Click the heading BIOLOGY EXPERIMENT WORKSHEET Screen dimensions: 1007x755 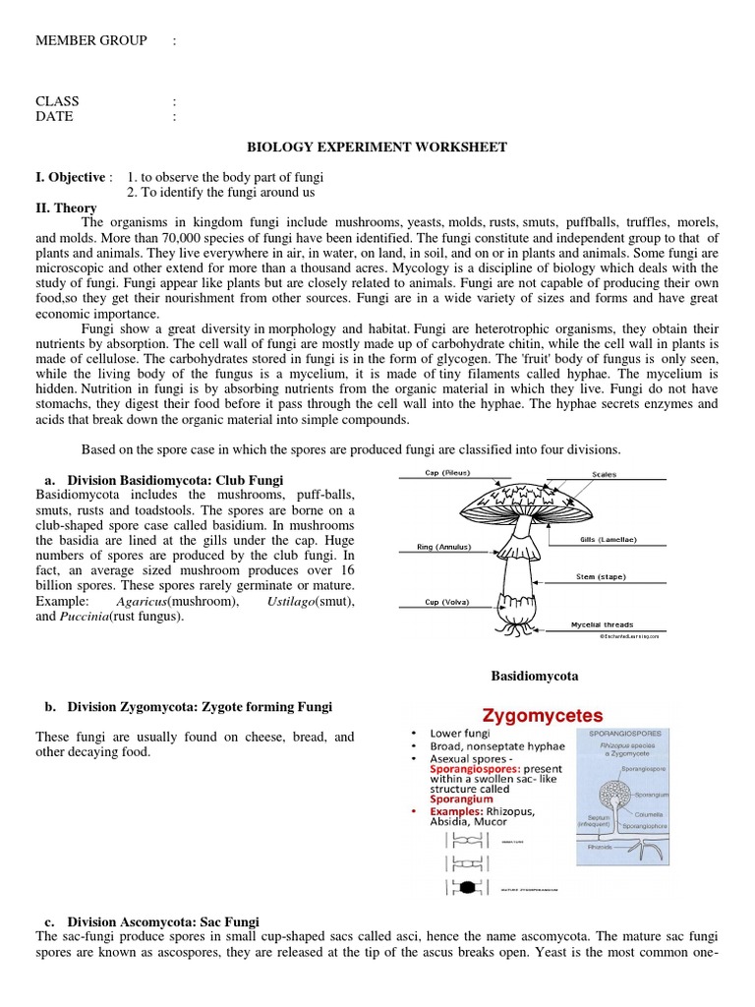(x=377, y=148)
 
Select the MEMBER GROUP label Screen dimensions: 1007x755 (x=91, y=40)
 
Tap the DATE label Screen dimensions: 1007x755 (x=54, y=116)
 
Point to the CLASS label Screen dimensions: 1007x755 (x=57, y=101)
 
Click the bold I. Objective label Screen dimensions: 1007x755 (x=70, y=177)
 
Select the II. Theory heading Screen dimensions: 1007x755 (x=66, y=207)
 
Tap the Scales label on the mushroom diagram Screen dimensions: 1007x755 (x=604, y=474)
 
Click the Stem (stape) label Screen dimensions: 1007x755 (x=599, y=576)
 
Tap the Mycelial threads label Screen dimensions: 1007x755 (x=603, y=624)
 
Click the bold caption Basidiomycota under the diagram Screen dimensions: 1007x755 (x=534, y=677)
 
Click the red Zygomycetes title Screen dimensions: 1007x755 (x=541, y=716)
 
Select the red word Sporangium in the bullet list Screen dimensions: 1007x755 (x=461, y=800)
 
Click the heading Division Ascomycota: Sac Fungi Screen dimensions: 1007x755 (x=163, y=921)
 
